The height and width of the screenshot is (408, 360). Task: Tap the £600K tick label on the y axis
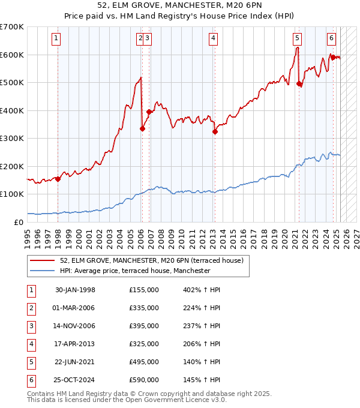coord(11,55)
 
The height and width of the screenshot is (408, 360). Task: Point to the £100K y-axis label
coord(11,194)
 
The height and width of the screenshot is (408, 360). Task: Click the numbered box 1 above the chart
coord(56,38)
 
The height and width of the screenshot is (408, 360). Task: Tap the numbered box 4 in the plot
coord(213,38)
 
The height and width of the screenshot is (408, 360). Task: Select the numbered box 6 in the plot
coord(331,38)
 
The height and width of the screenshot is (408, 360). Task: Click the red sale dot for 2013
coord(215,132)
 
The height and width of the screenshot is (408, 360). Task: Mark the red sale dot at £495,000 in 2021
coord(299,84)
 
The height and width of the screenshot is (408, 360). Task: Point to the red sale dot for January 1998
coord(58,179)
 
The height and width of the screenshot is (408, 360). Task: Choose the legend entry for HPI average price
coord(135,271)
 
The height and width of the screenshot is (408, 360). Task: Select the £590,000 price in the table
coord(144,380)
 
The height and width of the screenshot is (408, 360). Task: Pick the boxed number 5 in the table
coord(30,362)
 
